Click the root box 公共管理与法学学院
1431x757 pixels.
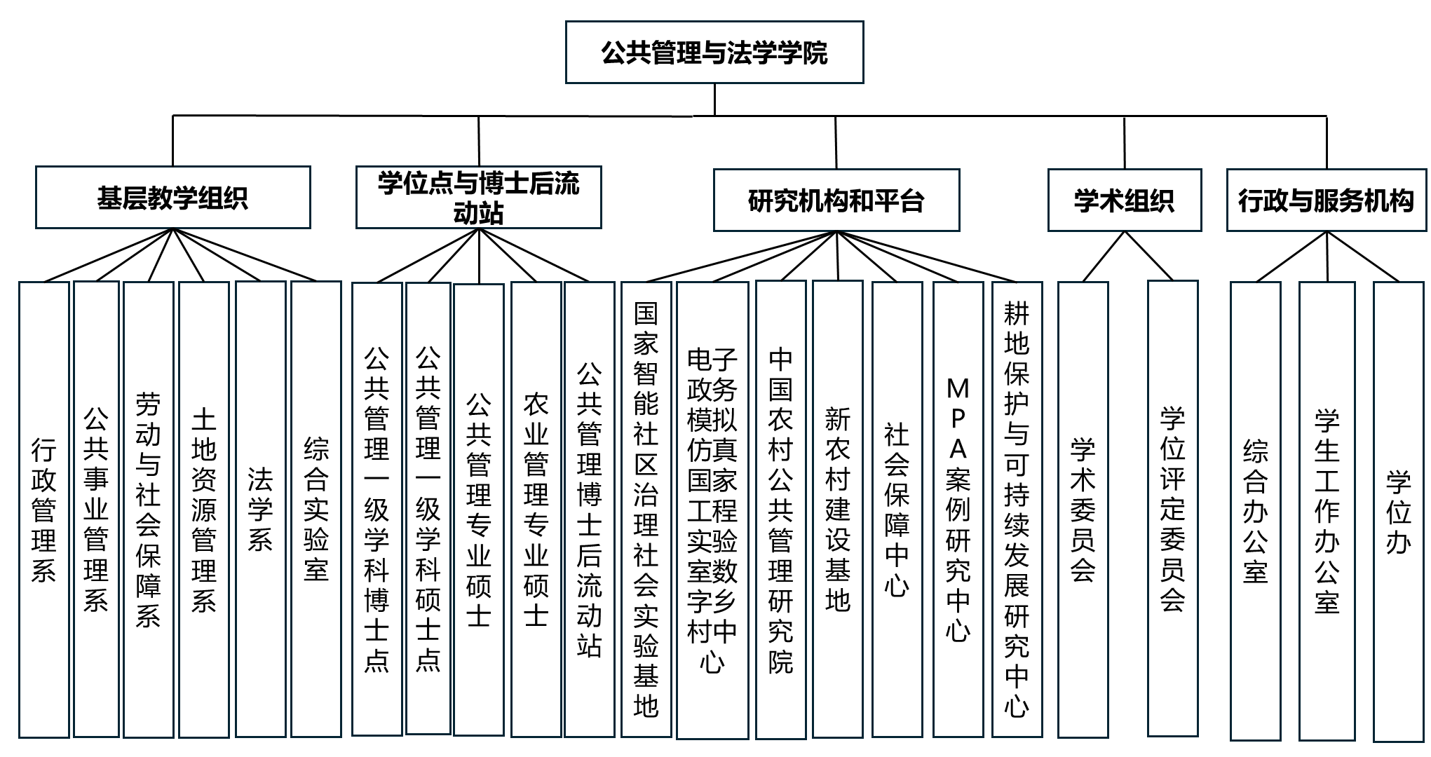[x=714, y=53]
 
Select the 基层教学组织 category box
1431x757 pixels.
[x=172, y=198]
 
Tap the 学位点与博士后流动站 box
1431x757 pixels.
[x=478, y=198]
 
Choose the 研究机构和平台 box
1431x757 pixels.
[x=836, y=200]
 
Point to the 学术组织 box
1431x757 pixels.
[x=1124, y=200]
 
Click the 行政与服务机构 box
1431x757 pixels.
[x=1326, y=200]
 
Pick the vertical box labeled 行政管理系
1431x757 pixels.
[x=43, y=510]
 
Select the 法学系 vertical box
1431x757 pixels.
[x=260, y=510]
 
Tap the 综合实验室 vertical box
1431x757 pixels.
[x=316, y=510]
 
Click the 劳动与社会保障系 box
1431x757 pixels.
[x=148, y=510]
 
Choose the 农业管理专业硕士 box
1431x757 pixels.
[x=536, y=510]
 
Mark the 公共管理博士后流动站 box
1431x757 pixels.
[x=589, y=510]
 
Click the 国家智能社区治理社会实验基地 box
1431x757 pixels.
[x=646, y=510]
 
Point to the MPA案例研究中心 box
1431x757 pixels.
[x=958, y=510]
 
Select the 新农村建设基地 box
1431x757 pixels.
[x=837, y=510]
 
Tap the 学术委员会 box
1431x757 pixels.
[x=1083, y=510]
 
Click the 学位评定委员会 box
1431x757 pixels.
[x=1172, y=510]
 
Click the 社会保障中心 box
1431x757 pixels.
[x=897, y=510]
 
